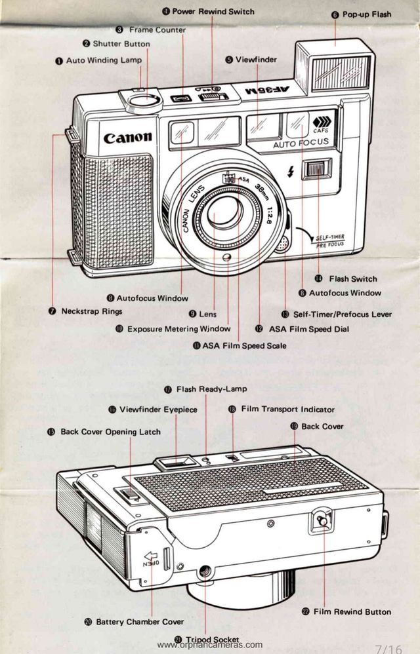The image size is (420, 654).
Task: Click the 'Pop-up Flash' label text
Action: (x=366, y=14)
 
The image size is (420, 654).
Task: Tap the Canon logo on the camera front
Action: (x=127, y=138)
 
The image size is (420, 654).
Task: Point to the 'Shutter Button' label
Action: (x=121, y=44)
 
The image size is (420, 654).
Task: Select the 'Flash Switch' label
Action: (x=352, y=279)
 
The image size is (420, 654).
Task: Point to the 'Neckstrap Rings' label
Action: (x=91, y=311)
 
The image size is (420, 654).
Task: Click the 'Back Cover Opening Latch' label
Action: (x=110, y=432)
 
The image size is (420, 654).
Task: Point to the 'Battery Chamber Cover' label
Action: (x=139, y=621)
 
